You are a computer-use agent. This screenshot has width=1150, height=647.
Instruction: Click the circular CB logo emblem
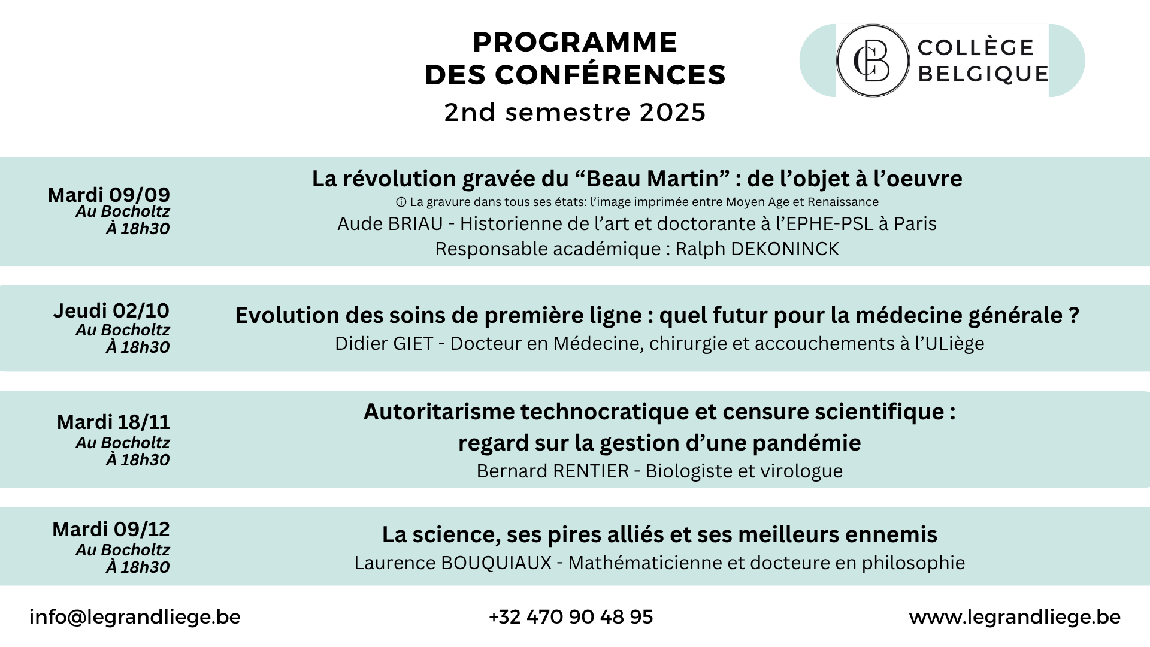873,61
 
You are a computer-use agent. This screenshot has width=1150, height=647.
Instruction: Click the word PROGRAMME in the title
575,43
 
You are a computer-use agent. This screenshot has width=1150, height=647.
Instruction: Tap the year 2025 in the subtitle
673,113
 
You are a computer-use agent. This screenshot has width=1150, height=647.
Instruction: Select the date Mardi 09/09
109,195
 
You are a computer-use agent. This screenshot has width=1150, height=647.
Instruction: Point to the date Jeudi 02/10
111,310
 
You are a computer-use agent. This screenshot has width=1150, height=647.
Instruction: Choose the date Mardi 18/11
113,422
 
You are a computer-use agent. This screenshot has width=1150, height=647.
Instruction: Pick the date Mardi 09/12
111,529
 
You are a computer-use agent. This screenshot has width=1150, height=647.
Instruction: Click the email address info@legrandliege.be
135,617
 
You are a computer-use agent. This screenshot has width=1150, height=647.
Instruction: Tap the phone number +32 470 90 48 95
571,617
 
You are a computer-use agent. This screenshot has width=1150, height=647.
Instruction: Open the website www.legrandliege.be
1015,617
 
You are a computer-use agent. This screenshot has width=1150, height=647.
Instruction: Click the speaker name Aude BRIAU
390,223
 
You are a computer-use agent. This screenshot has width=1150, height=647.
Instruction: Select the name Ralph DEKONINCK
757,249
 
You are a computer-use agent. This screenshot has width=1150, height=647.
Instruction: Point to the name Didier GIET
384,343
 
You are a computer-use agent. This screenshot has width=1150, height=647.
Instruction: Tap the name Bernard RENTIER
553,471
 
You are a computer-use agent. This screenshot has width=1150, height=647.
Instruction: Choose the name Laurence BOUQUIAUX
453,563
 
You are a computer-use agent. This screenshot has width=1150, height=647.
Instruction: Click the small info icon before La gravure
401,202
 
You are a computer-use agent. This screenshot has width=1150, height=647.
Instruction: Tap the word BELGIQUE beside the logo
983,74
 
